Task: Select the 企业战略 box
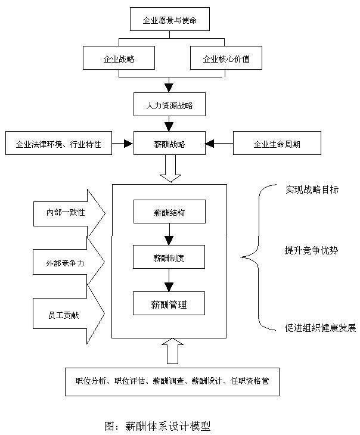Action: [119, 59]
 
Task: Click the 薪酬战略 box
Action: [169, 144]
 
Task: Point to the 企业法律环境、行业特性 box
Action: [58, 144]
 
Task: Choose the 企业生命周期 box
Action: [277, 144]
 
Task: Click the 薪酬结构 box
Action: [169, 212]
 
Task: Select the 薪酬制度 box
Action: [169, 257]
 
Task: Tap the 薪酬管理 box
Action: [169, 304]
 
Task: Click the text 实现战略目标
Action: [312, 189]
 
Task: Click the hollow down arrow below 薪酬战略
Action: [171, 170]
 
